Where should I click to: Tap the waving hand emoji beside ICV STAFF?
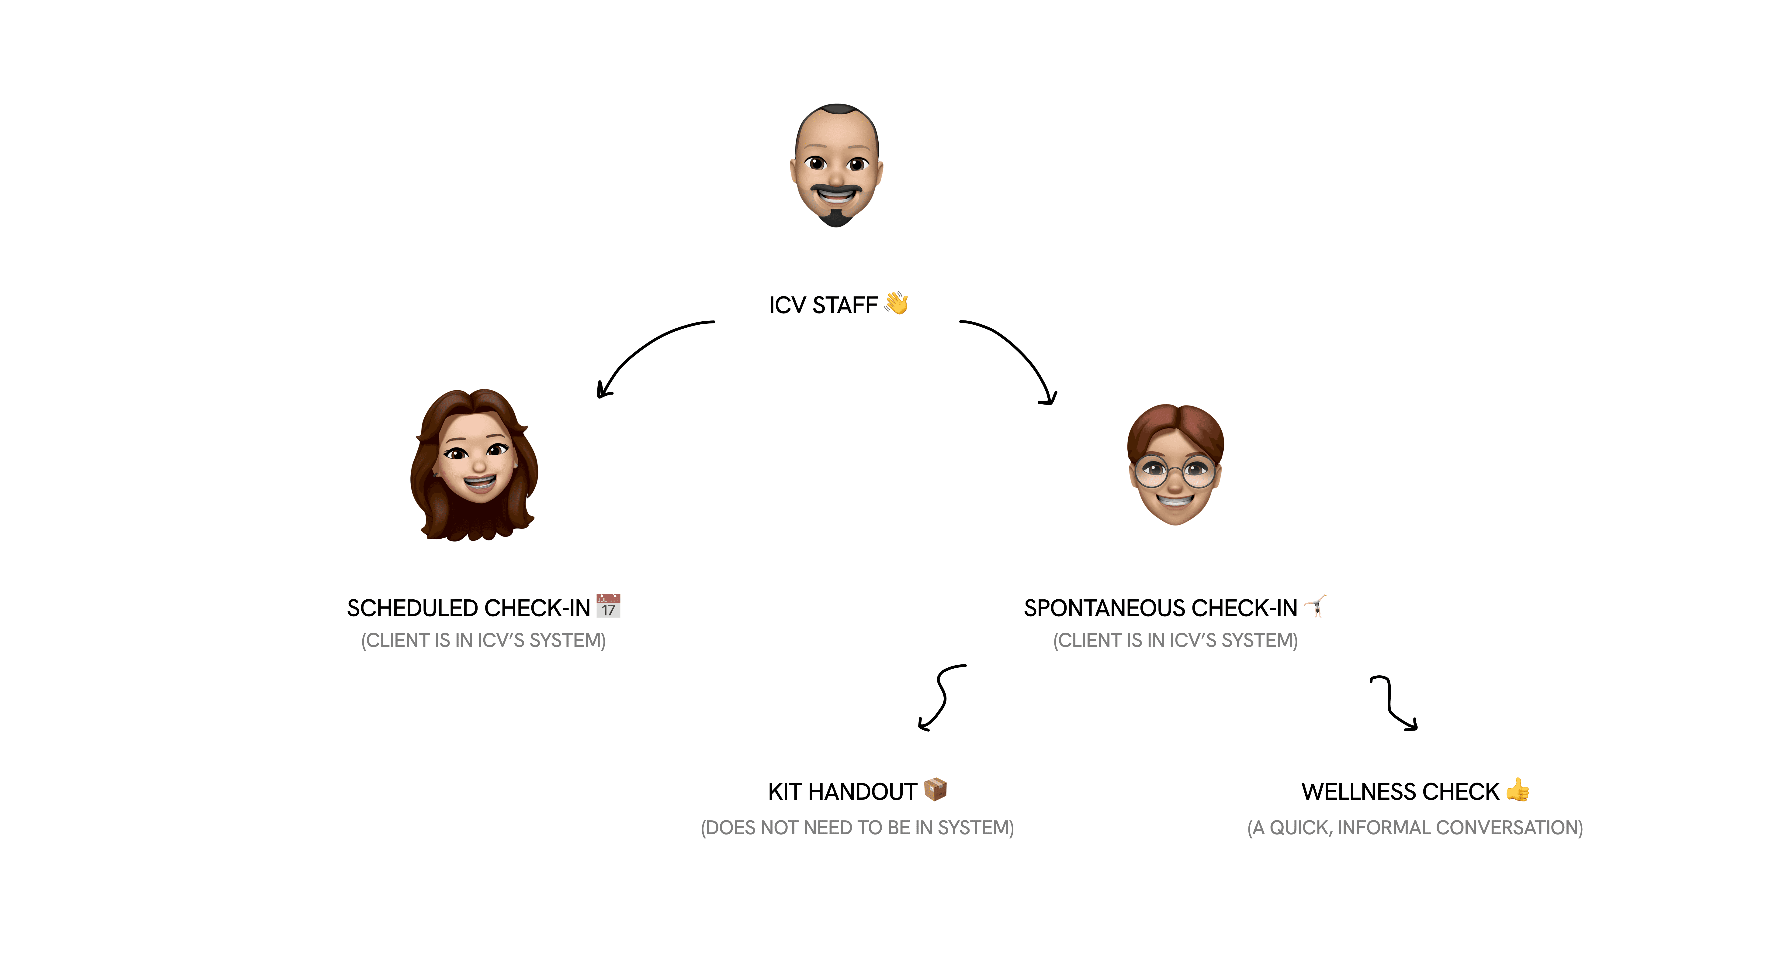pos(896,303)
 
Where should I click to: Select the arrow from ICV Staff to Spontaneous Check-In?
pos(1017,354)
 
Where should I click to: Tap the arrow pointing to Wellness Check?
pos(1392,704)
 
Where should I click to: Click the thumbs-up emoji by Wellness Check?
pos(1518,789)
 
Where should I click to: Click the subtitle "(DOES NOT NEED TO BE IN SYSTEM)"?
pos(857,828)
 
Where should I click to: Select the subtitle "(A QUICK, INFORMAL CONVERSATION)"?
pos(1415,828)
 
